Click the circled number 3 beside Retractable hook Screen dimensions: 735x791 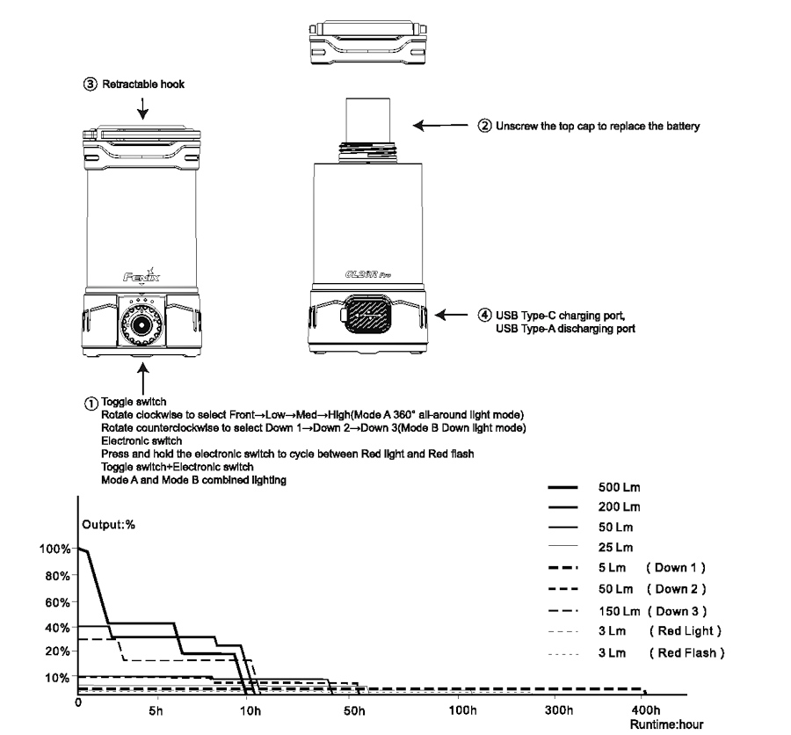click(90, 85)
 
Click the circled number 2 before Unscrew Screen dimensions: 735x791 click(483, 126)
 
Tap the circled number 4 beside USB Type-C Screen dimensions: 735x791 click(484, 315)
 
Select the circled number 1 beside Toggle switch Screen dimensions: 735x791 click(91, 403)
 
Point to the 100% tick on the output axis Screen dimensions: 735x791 click(54, 549)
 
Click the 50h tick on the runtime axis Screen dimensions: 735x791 click(355, 710)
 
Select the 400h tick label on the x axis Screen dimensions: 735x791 click(644, 710)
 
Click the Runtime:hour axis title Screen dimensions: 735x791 click(666, 726)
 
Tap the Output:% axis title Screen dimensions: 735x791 click(109, 525)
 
